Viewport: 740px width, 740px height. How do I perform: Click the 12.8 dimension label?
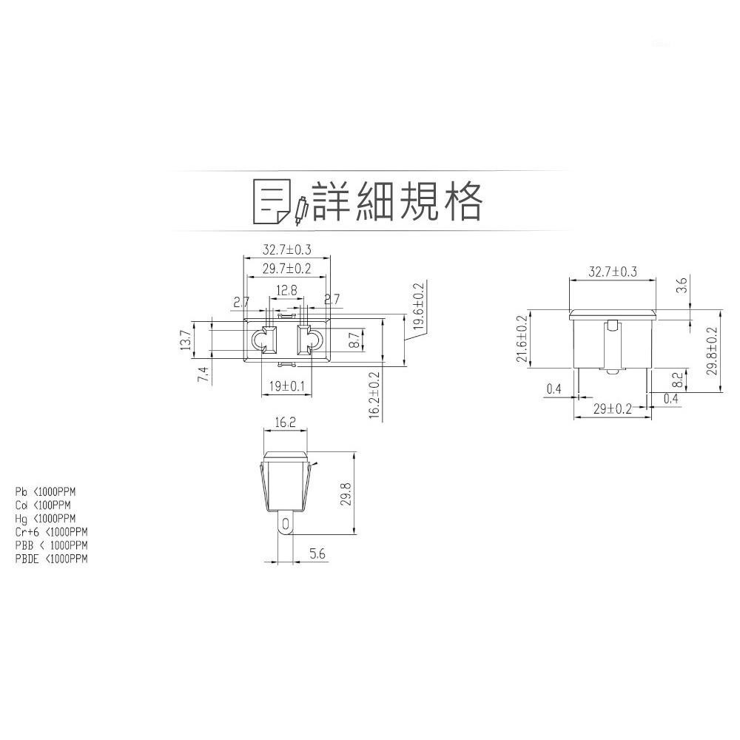pyautogui.click(x=287, y=290)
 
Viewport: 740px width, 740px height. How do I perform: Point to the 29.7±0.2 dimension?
pyautogui.click(x=286, y=269)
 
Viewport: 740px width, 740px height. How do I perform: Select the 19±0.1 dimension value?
pyautogui.click(x=286, y=386)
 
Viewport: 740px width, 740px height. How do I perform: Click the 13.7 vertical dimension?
pyautogui.click(x=186, y=340)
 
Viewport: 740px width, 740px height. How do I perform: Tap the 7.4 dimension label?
pyautogui.click(x=203, y=374)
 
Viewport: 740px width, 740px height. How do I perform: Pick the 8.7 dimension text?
pyautogui.click(x=354, y=340)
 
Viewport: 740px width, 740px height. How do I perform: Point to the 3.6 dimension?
pyautogui.click(x=682, y=284)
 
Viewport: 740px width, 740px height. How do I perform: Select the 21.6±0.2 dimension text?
pyautogui.click(x=522, y=339)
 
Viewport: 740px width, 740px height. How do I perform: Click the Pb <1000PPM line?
pyautogui.click(x=45, y=491)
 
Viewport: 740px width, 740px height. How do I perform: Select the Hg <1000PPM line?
pyautogui.click(x=45, y=518)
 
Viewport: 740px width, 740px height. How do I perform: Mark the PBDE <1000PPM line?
pyautogui.click(x=51, y=559)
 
